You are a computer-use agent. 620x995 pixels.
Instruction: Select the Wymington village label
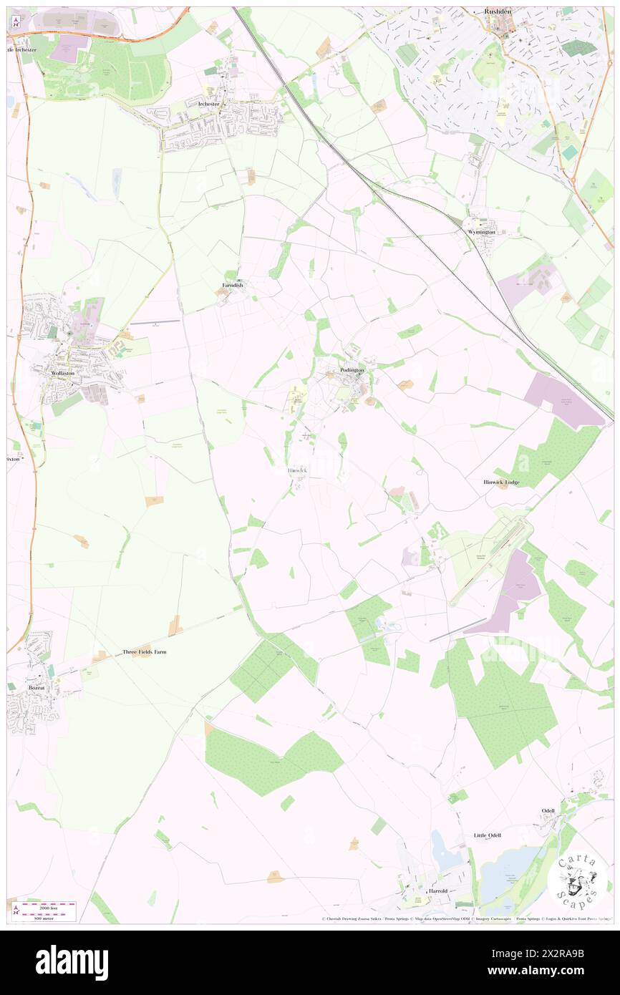(479, 232)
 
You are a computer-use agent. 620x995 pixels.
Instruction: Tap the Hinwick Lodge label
(500, 482)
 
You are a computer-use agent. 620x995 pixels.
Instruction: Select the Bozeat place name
(36, 687)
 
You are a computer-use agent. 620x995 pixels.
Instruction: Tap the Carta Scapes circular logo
(578, 880)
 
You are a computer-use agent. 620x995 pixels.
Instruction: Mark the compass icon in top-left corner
(15, 21)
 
